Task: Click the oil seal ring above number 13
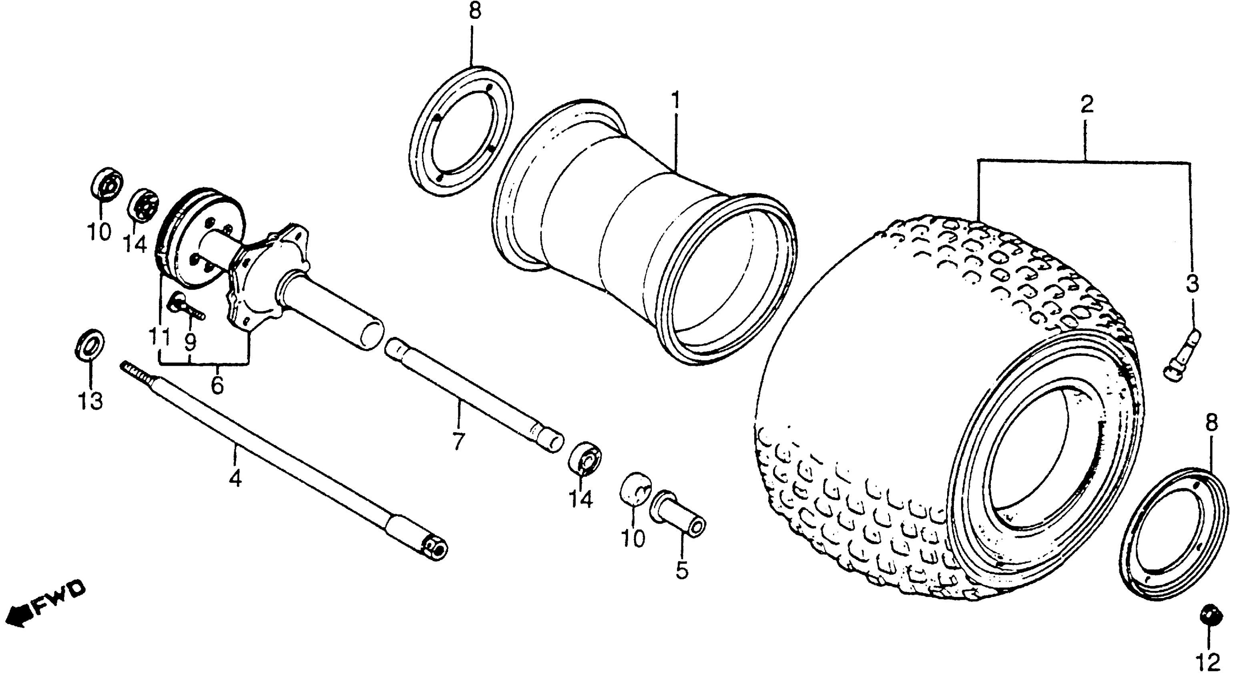[x=89, y=344]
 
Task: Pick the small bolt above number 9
[x=184, y=306]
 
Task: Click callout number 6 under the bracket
[x=217, y=385]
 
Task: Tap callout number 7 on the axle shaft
[x=458, y=441]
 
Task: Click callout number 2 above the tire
[x=1086, y=104]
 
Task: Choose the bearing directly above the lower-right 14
[x=584, y=459]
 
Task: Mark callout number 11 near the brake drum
[x=159, y=336]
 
